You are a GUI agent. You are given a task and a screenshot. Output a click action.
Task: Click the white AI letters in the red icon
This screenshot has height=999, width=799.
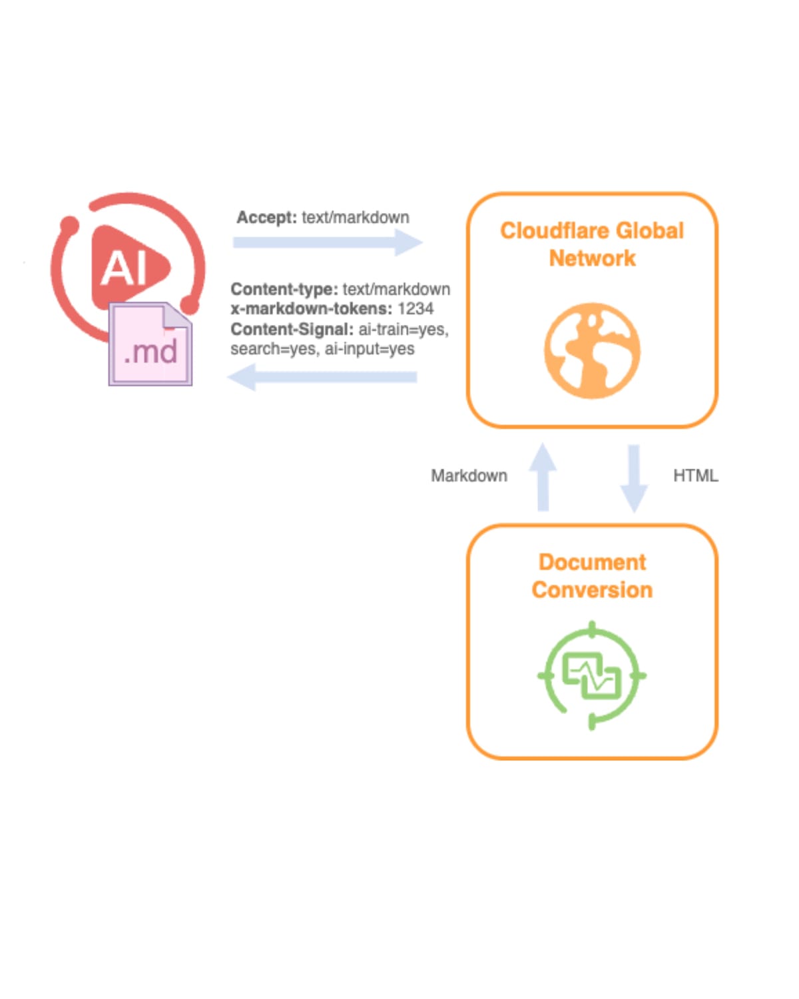pyautogui.click(x=124, y=268)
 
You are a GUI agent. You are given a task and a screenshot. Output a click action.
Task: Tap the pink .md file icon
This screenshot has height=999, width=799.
pyautogui.click(x=150, y=345)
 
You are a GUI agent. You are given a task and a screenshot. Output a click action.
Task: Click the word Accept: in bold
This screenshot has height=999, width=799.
pyautogui.click(x=266, y=218)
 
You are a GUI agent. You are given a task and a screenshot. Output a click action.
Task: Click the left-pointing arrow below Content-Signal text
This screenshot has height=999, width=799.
pyautogui.click(x=322, y=378)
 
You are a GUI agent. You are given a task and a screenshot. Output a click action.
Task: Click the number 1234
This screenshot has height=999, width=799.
pyautogui.click(x=415, y=309)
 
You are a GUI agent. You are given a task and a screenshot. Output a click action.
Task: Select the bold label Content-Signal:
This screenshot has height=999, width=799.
pyautogui.click(x=292, y=329)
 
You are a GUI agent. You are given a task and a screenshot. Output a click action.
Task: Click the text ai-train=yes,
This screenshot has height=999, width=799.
pyautogui.click(x=403, y=329)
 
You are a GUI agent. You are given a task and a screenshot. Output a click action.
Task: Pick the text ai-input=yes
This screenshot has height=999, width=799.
pyautogui.click(x=370, y=349)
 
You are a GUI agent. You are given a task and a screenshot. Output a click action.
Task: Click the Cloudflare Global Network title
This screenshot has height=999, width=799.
pyautogui.click(x=592, y=244)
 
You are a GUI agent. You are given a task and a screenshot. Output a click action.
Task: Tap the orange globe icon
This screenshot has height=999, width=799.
pyautogui.click(x=592, y=350)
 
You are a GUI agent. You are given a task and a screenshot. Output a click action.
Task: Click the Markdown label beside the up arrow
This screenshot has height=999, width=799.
pyautogui.click(x=469, y=476)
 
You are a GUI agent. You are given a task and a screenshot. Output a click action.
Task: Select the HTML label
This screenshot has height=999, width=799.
pyautogui.click(x=695, y=476)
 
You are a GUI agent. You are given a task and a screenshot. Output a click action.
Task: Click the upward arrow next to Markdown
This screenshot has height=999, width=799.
pyautogui.click(x=543, y=477)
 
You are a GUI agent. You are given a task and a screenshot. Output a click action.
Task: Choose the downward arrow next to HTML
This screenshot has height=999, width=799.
pyautogui.click(x=634, y=478)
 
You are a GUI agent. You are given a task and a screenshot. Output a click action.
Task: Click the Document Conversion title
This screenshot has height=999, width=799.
pyautogui.click(x=592, y=576)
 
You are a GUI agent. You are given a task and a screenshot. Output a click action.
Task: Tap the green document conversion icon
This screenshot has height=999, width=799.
pyautogui.click(x=592, y=675)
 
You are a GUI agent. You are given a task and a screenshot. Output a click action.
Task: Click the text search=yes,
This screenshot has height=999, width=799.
pyautogui.click(x=273, y=349)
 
